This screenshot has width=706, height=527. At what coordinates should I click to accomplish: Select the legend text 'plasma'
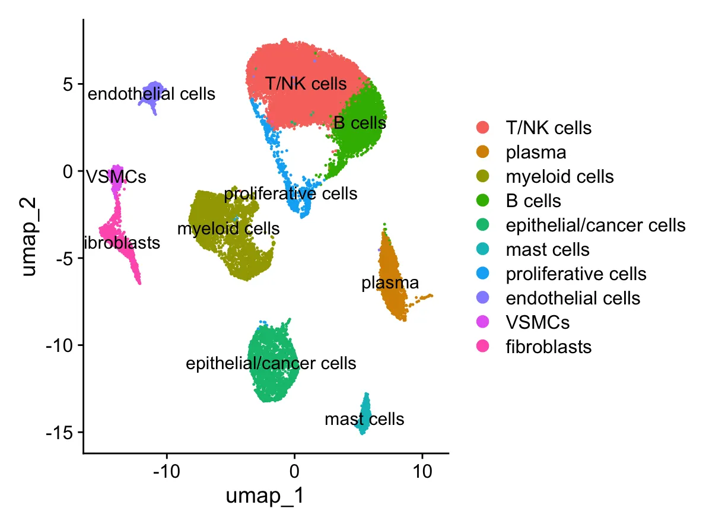(536, 153)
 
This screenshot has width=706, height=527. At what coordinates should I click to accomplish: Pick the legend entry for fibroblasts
(549, 346)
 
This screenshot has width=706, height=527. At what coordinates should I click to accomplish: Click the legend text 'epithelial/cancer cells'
(596, 226)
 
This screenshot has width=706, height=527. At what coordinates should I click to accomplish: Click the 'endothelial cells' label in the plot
(151, 94)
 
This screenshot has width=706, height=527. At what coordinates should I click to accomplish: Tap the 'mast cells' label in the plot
(364, 420)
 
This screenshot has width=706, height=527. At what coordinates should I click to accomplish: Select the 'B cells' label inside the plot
(360, 123)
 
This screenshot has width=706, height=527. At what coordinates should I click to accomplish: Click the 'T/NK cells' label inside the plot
(306, 84)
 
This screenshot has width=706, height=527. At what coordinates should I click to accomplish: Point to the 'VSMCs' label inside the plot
(116, 177)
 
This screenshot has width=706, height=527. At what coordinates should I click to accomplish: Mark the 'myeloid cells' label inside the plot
(228, 228)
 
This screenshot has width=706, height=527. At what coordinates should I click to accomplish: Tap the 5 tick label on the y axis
(69, 84)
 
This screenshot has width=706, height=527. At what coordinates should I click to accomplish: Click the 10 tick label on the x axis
(422, 474)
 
